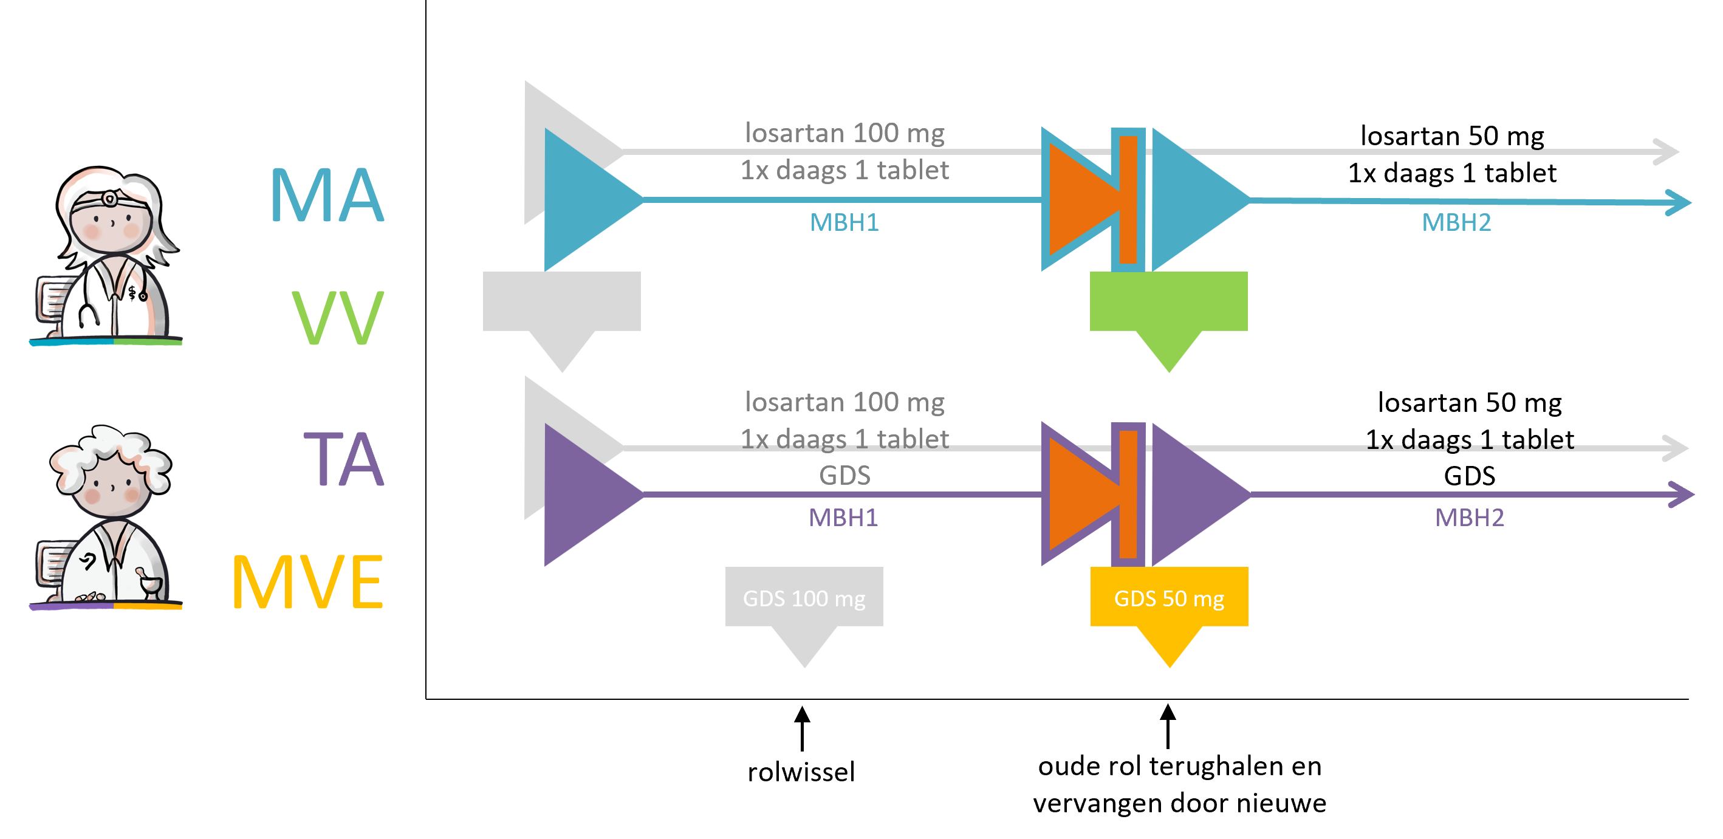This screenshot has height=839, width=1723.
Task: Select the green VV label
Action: tap(338, 318)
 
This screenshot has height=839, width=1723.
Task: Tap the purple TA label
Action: tap(344, 459)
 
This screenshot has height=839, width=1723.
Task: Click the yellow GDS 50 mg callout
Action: tap(1169, 597)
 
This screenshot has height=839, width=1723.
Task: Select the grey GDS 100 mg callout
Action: tap(804, 597)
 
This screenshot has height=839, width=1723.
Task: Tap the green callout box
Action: tap(1168, 302)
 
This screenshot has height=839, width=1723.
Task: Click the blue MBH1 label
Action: tap(844, 223)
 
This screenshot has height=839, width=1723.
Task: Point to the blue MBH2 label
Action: tap(1456, 223)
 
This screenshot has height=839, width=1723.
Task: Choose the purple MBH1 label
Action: tap(843, 518)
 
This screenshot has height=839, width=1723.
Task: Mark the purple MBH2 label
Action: tap(1470, 518)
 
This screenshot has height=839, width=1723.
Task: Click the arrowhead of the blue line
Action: tap(1680, 202)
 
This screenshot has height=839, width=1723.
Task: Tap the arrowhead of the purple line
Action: tap(1683, 495)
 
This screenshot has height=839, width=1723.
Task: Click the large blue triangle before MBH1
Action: tap(582, 199)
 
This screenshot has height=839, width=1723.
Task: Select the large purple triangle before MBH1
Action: tap(582, 495)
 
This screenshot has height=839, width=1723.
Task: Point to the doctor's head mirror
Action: tap(109, 197)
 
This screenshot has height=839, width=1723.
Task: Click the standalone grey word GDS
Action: tap(844, 476)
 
